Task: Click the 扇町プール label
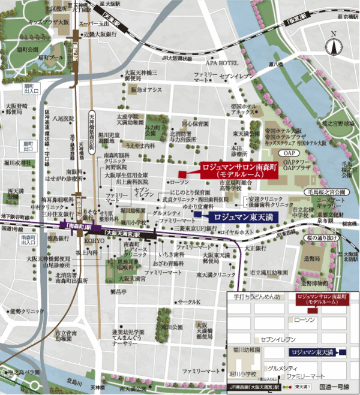coord(50,57)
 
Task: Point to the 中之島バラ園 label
coord(19,372)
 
